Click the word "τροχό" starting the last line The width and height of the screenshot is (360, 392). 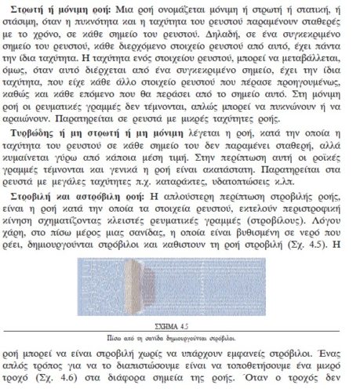(31, 379)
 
